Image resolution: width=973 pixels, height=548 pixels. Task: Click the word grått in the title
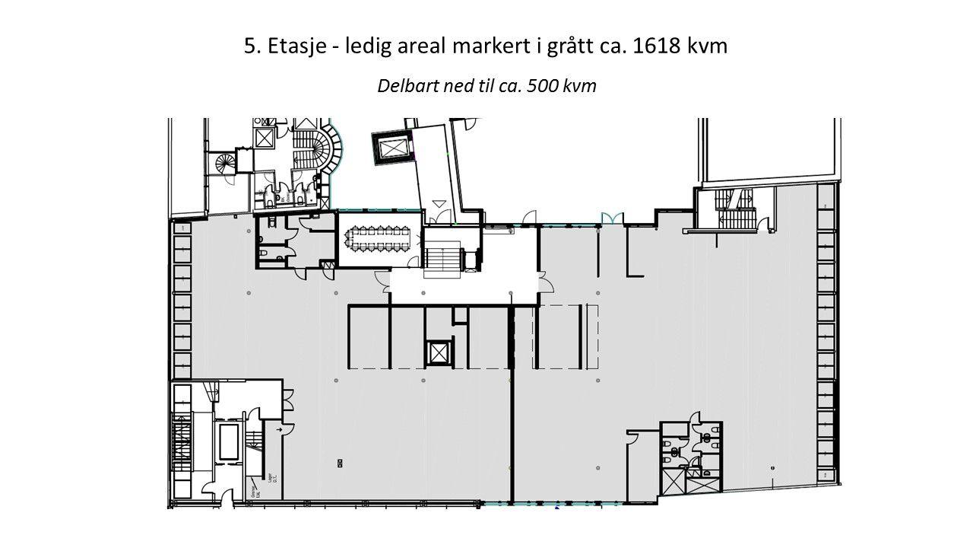pyautogui.click(x=566, y=46)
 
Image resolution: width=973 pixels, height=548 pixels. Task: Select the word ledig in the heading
pyautogui.click(x=368, y=46)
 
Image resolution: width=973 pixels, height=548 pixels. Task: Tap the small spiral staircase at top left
pyautogui.click(x=226, y=162)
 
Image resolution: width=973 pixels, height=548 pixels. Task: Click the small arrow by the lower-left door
pyautogui.click(x=280, y=430)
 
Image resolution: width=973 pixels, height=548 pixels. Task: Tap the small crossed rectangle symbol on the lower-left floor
pyautogui.click(x=339, y=463)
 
